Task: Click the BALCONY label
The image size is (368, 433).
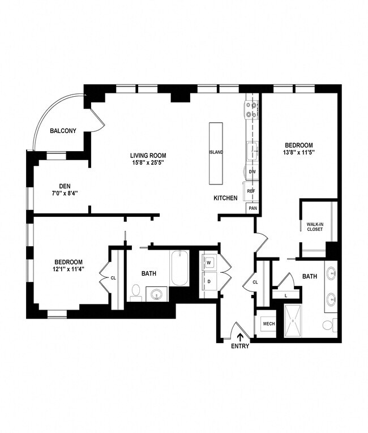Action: coord(63,131)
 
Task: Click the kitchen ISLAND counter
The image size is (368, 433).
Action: coord(216,153)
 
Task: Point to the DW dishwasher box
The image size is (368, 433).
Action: coord(252,172)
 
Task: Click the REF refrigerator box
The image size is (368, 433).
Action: coord(251,191)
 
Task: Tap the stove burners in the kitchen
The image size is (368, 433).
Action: coord(251,110)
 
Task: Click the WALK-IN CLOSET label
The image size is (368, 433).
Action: coord(315,226)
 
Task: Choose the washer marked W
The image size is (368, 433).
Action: coord(208,263)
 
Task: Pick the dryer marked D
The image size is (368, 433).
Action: coord(208,281)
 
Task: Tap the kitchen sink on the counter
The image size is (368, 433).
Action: coord(253,151)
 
